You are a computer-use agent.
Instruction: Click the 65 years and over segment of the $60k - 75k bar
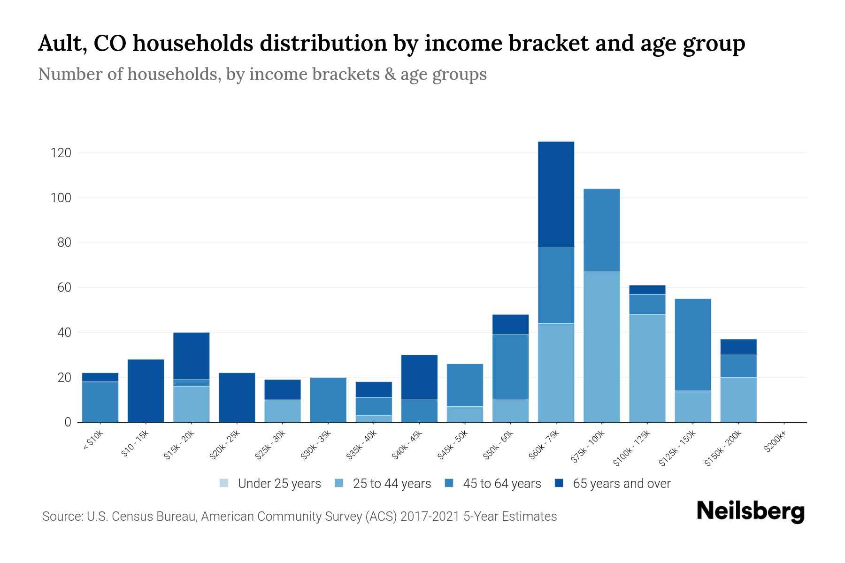pos(556,194)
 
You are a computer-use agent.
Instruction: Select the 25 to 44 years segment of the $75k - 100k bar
pos(601,347)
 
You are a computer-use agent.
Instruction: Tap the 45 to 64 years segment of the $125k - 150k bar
pos(693,344)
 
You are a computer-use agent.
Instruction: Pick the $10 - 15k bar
pos(146,390)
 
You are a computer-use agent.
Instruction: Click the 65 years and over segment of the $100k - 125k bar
pos(647,289)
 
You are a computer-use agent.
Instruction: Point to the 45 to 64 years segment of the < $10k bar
pos(100,402)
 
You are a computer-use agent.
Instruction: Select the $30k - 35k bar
pos(328,399)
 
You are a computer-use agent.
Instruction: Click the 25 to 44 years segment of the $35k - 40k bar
pos(374,418)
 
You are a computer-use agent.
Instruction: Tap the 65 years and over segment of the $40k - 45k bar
pos(419,377)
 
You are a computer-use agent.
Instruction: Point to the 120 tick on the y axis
pos(61,153)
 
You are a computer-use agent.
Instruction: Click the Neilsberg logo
pos(750,511)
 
